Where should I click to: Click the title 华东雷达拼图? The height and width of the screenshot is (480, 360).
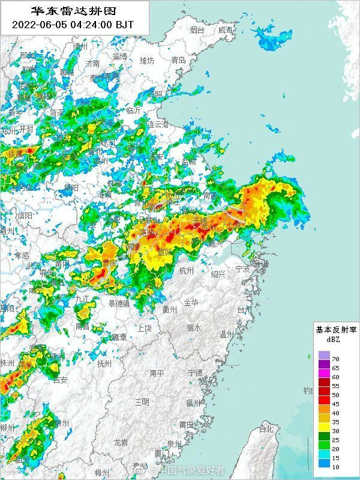click(x=74, y=11)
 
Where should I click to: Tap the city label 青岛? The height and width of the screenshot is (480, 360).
click(x=178, y=60)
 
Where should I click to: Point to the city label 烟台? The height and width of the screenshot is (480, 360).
click(x=197, y=30)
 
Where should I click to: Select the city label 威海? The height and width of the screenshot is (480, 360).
click(x=226, y=30)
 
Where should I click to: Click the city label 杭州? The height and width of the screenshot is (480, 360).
click(x=187, y=271)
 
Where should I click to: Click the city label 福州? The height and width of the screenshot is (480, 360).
click(x=193, y=403)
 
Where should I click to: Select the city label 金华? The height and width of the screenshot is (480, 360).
click(x=191, y=302)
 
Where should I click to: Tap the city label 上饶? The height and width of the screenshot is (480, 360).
click(x=144, y=328)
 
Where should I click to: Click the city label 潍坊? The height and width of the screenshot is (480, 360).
click(x=146, y=61)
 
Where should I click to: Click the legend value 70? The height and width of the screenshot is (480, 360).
click(x=335, y=358)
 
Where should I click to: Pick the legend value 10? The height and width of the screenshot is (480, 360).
click(x=335, y=464)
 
